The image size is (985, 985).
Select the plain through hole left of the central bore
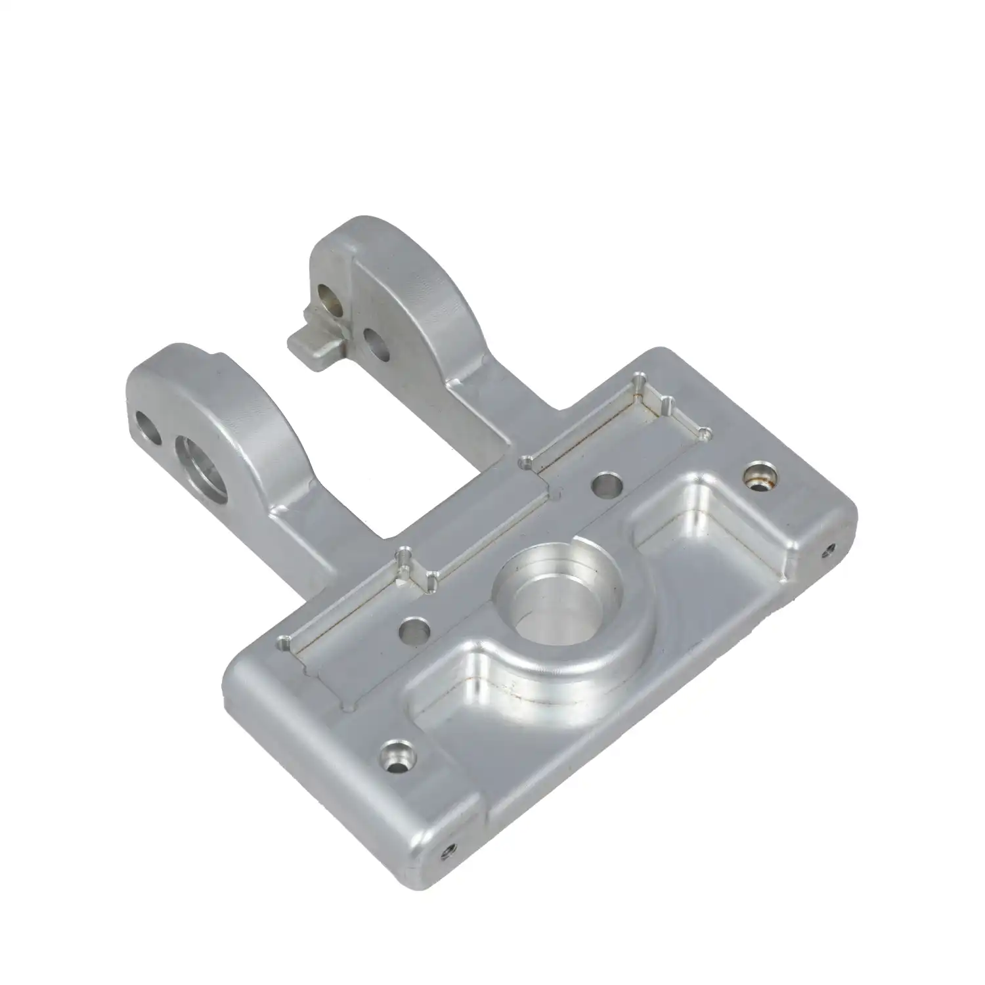[415, 632]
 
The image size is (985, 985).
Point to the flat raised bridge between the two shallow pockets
[479, 525]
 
